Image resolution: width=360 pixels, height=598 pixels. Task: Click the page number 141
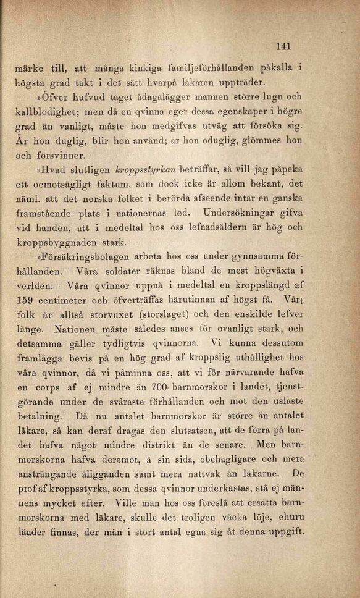pos(283,46)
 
